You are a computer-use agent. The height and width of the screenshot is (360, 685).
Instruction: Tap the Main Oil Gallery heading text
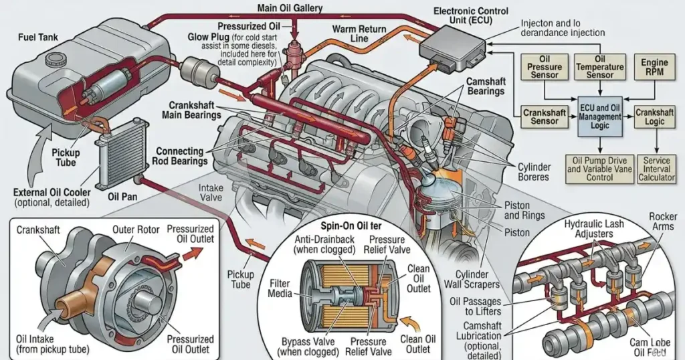pyautogui.click(x=290, y=9)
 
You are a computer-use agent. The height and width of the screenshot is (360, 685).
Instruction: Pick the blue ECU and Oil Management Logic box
pyautogui.click(x=599, y=116)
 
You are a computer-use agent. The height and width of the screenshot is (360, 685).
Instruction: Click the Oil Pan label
pyautogui.click(x=122, y=197)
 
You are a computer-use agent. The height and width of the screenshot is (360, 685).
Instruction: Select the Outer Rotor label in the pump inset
pyautogui.click(x=136, y=230)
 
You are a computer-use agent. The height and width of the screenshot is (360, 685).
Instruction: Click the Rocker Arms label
pyautogui.click(x=662, y=221)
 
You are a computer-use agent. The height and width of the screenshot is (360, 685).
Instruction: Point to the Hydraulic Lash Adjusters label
pyautogui.click(x=592, y=228)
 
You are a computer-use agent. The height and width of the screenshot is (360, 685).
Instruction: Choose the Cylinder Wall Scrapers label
pyautogui.click(x=476, y=280)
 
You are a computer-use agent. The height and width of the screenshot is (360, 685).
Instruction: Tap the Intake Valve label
pyautogui.click(x=211, y=193)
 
